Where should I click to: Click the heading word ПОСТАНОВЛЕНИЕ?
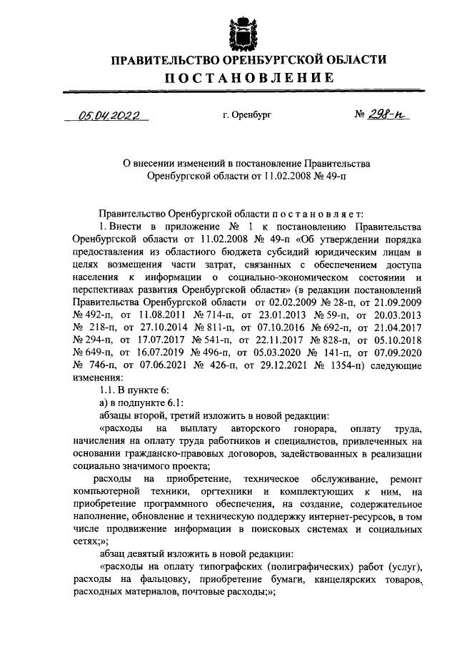coord(228,78)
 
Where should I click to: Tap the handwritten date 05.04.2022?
coord(109,114)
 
